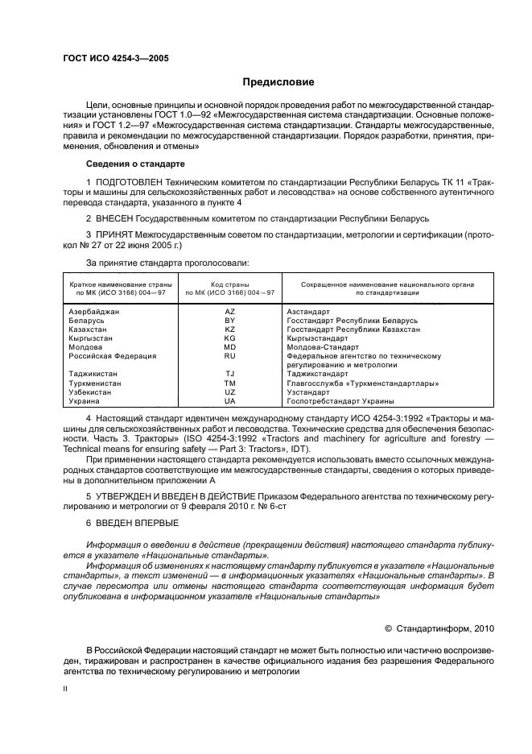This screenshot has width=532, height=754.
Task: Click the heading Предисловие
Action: (278, 82)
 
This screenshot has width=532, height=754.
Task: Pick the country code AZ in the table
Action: (229, 311)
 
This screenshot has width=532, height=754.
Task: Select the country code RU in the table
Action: (229, 355)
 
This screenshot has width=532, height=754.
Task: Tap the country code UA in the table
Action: (229, 400)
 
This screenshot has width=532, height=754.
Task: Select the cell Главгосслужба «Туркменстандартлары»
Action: (362, 383)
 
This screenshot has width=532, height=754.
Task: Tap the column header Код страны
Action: (229, 284)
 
